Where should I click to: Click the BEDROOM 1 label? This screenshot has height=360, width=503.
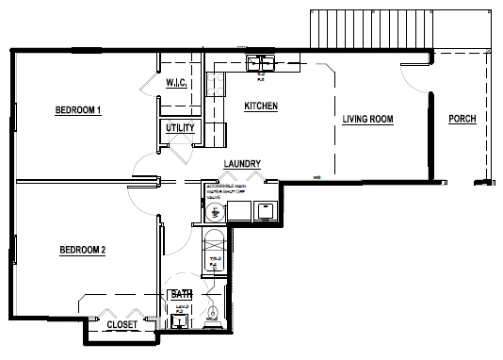tap(77, 110)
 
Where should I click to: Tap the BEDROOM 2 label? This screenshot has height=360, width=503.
tap(82, 250)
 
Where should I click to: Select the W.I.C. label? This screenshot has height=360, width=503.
tap(179, 84)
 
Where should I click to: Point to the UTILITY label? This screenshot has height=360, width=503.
tap(181, 128)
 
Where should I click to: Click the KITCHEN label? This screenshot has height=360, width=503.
tap(261, 106)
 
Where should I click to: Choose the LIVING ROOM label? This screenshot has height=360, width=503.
tap(367, 119)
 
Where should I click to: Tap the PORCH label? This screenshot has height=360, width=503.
tap(462, 119)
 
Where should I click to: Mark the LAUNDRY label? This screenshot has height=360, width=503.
tap(242, 165)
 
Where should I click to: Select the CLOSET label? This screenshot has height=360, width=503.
tap(122, 324)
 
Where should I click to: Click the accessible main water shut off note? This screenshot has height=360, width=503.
tap(224, 191)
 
